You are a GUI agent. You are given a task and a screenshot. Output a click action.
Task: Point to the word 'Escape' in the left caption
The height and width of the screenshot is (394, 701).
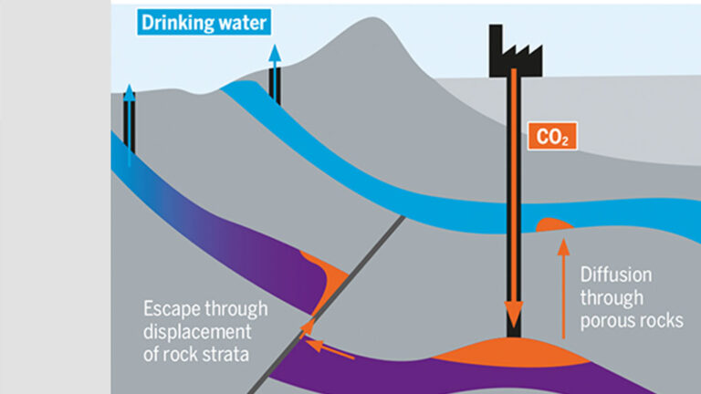click(x=170, y=307)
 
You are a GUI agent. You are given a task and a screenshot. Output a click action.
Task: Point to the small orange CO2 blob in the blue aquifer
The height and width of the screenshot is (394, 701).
click(x=553, y=223)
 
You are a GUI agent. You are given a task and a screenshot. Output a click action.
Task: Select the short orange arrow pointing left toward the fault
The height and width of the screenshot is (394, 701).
click(x=329, y=347)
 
